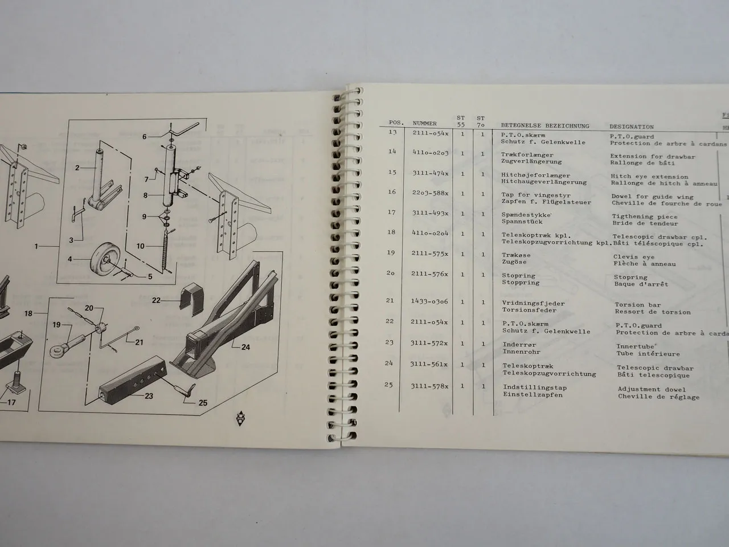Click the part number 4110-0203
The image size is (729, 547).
[x=431, y=153]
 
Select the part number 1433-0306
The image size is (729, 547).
[x=430, y=301]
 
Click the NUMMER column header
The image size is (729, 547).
[x=424, y=123]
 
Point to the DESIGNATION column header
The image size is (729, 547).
[x=632, y=126]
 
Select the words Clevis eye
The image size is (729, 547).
[x=633, y=256]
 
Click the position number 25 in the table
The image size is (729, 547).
[x=388, y=385]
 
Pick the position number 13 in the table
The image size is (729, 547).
[x=391, y=132]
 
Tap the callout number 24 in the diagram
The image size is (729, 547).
[x=245, y=346]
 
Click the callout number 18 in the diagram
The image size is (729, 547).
[x=28, y=313]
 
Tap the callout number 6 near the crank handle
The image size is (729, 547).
[x=144, y=137]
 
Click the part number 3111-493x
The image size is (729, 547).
[x=431, y=214]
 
